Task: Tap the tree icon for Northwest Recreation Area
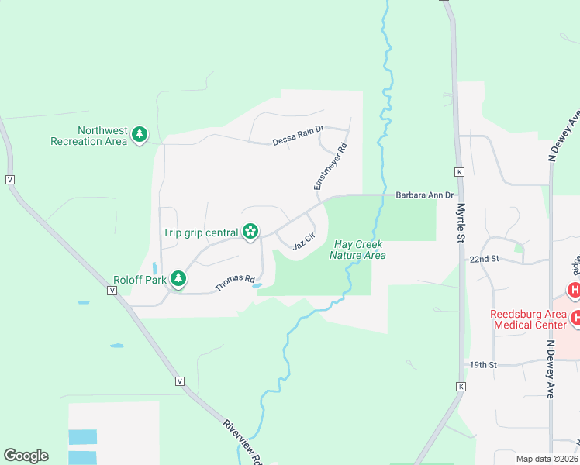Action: pyautogui.click(x=140, y=135)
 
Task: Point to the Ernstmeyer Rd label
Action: pyautogui.click(x=329, y=167)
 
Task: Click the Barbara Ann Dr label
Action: pyautogui.click(x=424, y=195)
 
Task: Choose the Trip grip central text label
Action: pyautogui.click(x=199, y=232)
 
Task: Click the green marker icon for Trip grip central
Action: pyautogui.click(x=250, y=231)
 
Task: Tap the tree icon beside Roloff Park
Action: pyautogui.click(x=178, y=277)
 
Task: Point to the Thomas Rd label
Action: pyautogui.click(x=235, y=283)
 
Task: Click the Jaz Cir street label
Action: pyautogui.click(x=303, y=242)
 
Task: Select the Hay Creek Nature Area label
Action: pyautogui.click(x=359, y=250)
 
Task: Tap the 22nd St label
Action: pyautogui.click(x=484, y=259)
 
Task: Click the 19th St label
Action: pyautogui.click(x=482, y=364)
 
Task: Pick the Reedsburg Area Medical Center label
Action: pyautogui.click(x=527, y=319)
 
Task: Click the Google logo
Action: pyautogui.click(x=26, y=456)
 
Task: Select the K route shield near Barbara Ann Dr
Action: pyautogui.click(x=460, y=171)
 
